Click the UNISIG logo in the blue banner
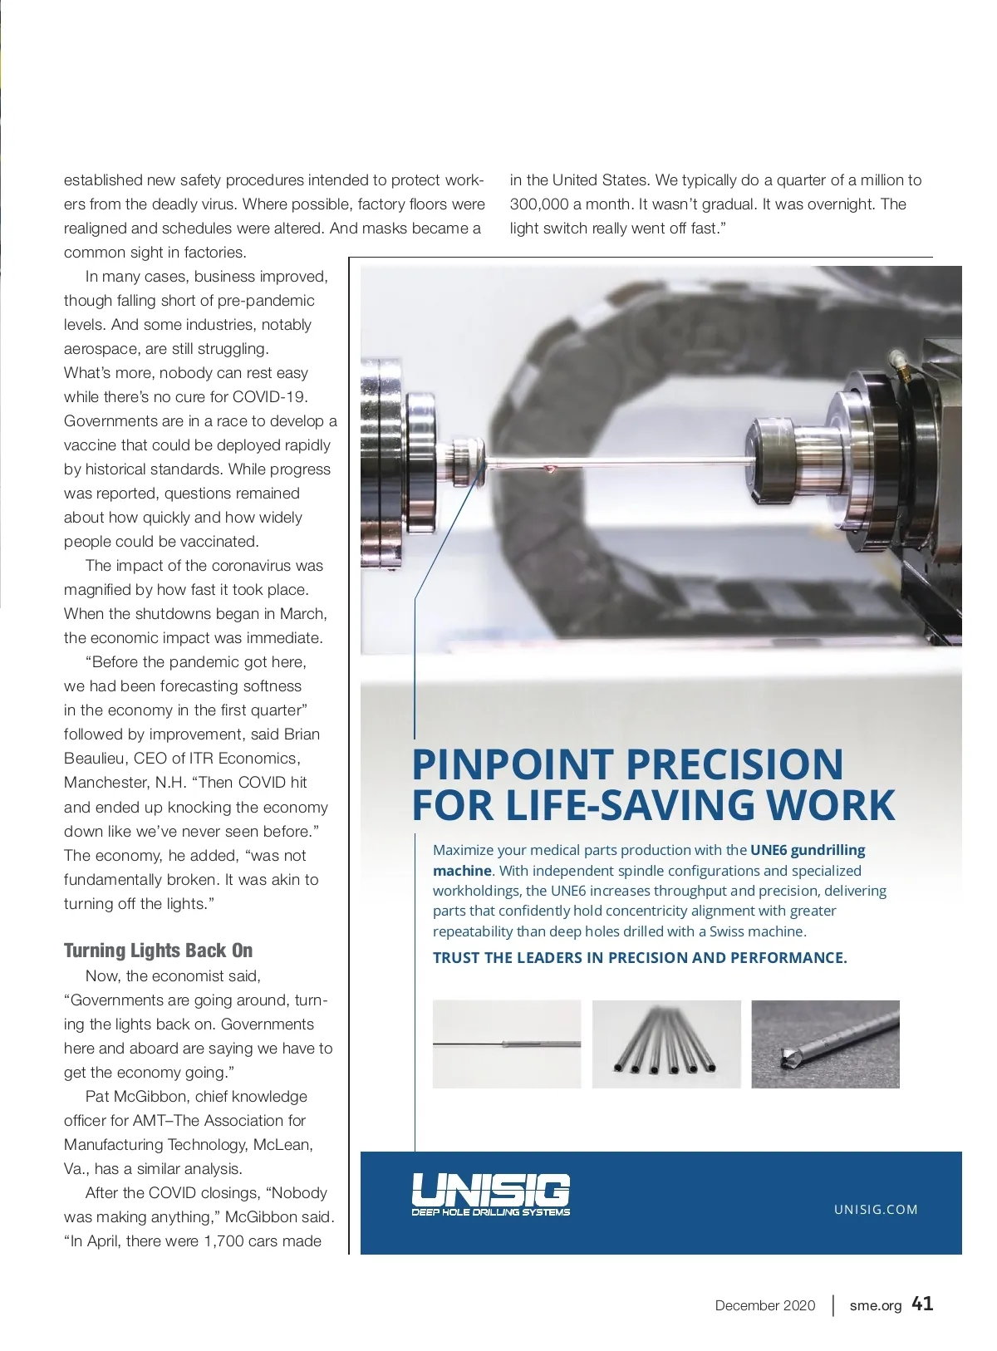coord(490,1195)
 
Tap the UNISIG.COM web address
coord(876,1210)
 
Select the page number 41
coord(922,1304)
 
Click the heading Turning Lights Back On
coord(158,951)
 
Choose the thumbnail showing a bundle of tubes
coord(666,1044)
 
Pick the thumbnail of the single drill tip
coord(825,1044)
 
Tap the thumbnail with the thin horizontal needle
coord(507,1044)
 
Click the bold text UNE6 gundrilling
coord(808,850)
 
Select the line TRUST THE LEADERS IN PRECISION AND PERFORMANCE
coord(640,957)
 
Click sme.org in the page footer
coord(875,1305)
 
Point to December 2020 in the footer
coord(765,1305)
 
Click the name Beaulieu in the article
coord(97,759)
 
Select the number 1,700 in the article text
coord(225,1241)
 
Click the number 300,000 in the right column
coord(538,204)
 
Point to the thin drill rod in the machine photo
coord(615,464)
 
